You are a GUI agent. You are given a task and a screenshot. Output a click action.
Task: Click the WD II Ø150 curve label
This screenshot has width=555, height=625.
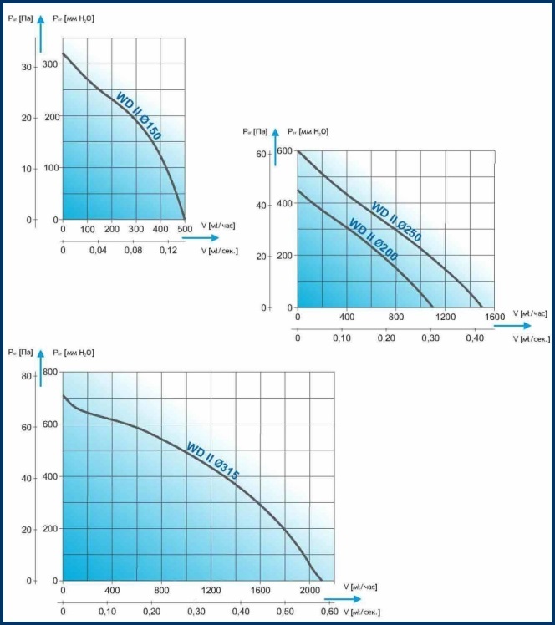138,115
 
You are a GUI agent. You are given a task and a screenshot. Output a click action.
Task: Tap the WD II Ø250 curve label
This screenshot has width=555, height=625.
396,222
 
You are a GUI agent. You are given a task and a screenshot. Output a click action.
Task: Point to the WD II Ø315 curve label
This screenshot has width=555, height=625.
213,460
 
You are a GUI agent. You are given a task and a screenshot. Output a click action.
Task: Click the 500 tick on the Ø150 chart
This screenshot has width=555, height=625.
185,229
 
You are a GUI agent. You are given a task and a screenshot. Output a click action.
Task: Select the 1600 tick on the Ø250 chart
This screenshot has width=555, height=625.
494,318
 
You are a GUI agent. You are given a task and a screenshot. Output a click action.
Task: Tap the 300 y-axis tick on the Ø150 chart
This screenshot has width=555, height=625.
51,64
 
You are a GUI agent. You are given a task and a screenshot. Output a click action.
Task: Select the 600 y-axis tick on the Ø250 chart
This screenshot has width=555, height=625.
285,151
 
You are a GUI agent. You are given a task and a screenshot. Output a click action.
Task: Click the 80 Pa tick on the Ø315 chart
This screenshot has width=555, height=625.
26,375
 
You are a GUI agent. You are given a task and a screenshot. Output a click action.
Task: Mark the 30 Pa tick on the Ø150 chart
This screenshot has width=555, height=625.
27,67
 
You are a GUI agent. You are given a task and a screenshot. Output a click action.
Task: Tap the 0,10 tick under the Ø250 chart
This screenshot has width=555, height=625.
342,339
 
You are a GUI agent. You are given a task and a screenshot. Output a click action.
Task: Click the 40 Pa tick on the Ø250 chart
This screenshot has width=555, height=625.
261,205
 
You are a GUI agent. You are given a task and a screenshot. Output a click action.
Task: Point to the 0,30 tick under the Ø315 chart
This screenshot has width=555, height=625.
196,612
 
